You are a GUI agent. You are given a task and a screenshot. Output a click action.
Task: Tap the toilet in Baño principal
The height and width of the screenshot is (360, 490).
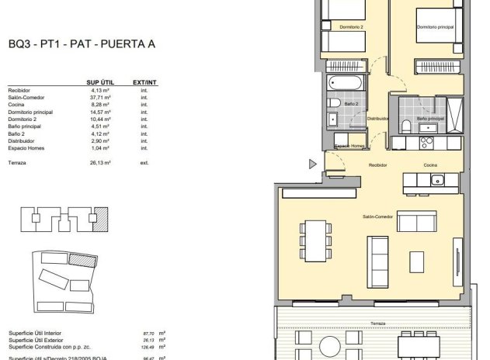click(x=406, y=127)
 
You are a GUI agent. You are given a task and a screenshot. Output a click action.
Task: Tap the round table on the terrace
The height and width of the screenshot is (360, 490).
click(x=329, y=346)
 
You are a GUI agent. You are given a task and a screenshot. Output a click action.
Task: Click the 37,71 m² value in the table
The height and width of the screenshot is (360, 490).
click(x=101, y=97)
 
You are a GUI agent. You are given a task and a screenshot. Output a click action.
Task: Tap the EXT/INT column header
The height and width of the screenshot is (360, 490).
click(x=144, y=81)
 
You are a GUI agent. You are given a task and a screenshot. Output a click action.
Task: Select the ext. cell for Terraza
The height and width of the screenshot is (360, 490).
click(x=144, y=163)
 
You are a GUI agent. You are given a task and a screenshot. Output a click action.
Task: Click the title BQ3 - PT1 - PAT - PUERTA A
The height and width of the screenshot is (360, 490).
click(x=82, y=44)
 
